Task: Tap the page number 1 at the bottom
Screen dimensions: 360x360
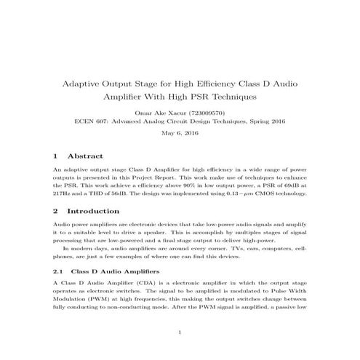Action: coord(180,333)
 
